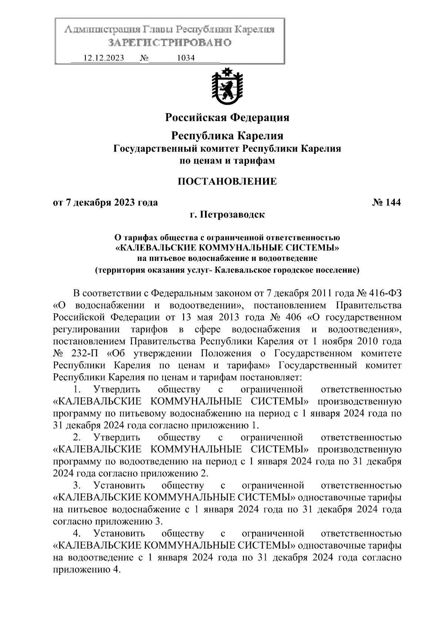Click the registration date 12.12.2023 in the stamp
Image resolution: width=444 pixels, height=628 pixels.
pos(104,58)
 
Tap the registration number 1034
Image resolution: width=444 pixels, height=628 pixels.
pos(186,58)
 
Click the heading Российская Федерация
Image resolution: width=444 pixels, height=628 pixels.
pos(227,118)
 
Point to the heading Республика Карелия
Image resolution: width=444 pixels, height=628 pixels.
pos(227,136)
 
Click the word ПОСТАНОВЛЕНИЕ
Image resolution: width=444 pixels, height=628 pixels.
pos(227,181)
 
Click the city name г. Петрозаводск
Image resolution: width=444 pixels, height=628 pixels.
pos(227,214)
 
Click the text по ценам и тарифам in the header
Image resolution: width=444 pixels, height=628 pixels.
pos(227,161)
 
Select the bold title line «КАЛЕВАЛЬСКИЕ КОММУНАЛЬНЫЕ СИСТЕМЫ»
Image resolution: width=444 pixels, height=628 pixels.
pos(227,247)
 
